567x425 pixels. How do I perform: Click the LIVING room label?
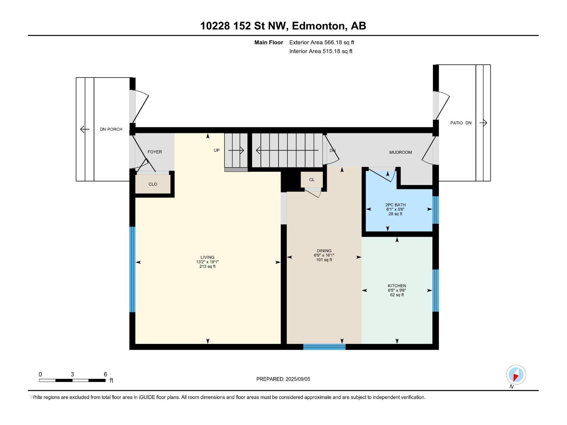(207, 257)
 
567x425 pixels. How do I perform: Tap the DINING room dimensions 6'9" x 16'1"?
(324, 255)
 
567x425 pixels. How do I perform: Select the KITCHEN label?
(397, 286)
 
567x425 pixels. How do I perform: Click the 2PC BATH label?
(395, 205)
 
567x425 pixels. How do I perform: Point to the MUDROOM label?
(400, 152)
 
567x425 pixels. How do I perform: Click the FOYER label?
(155, 152)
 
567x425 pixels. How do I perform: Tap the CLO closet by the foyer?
(153, 184)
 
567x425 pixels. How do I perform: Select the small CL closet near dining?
(311, 180)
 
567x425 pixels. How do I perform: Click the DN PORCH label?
(111, 129)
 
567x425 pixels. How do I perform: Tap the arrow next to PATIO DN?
(483, 123)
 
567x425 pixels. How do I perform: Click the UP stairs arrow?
(236, 150)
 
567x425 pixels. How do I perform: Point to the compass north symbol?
(516, 375)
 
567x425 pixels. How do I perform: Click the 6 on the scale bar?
(105, 374)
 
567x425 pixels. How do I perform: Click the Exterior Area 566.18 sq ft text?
(321, 42)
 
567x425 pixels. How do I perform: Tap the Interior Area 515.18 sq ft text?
(321, 51)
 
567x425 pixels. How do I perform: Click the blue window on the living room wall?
(132, 269)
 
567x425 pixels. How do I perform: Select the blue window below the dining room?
(324, 347)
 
